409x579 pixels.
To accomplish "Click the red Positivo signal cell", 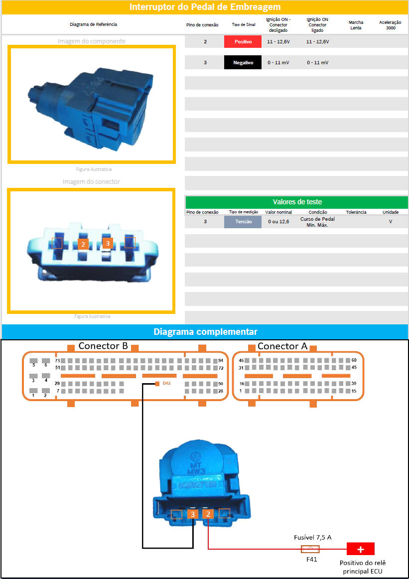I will tap(243, 42).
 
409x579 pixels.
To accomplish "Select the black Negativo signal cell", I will tap(243, 63).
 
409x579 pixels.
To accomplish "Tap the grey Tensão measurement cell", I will tap(243, 222).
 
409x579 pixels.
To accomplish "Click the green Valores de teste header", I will tap(297, 202).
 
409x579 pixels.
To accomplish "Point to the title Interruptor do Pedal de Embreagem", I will tap(205, 7).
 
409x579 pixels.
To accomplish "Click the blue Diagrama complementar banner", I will tap(205, 331).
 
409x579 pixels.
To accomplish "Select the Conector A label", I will tap(282, 346).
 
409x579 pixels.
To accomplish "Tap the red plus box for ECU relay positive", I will tap(361, 549).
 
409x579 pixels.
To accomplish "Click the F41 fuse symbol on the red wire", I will tap(310, 549).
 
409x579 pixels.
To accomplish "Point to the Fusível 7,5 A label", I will tap(312, 537).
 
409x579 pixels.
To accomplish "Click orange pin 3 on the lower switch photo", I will tap(193, 514).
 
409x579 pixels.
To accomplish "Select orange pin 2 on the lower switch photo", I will tap(209, 514).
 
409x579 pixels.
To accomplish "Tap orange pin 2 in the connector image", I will tap(83, 244).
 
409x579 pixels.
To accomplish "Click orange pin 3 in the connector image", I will tap(108, 243).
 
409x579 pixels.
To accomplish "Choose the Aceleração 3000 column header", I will tap(390, 25).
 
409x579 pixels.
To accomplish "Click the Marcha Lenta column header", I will tap(356, 25).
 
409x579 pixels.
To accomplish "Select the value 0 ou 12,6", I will tap(278, 222).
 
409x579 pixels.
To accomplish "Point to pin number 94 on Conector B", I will tap(221, 361).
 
